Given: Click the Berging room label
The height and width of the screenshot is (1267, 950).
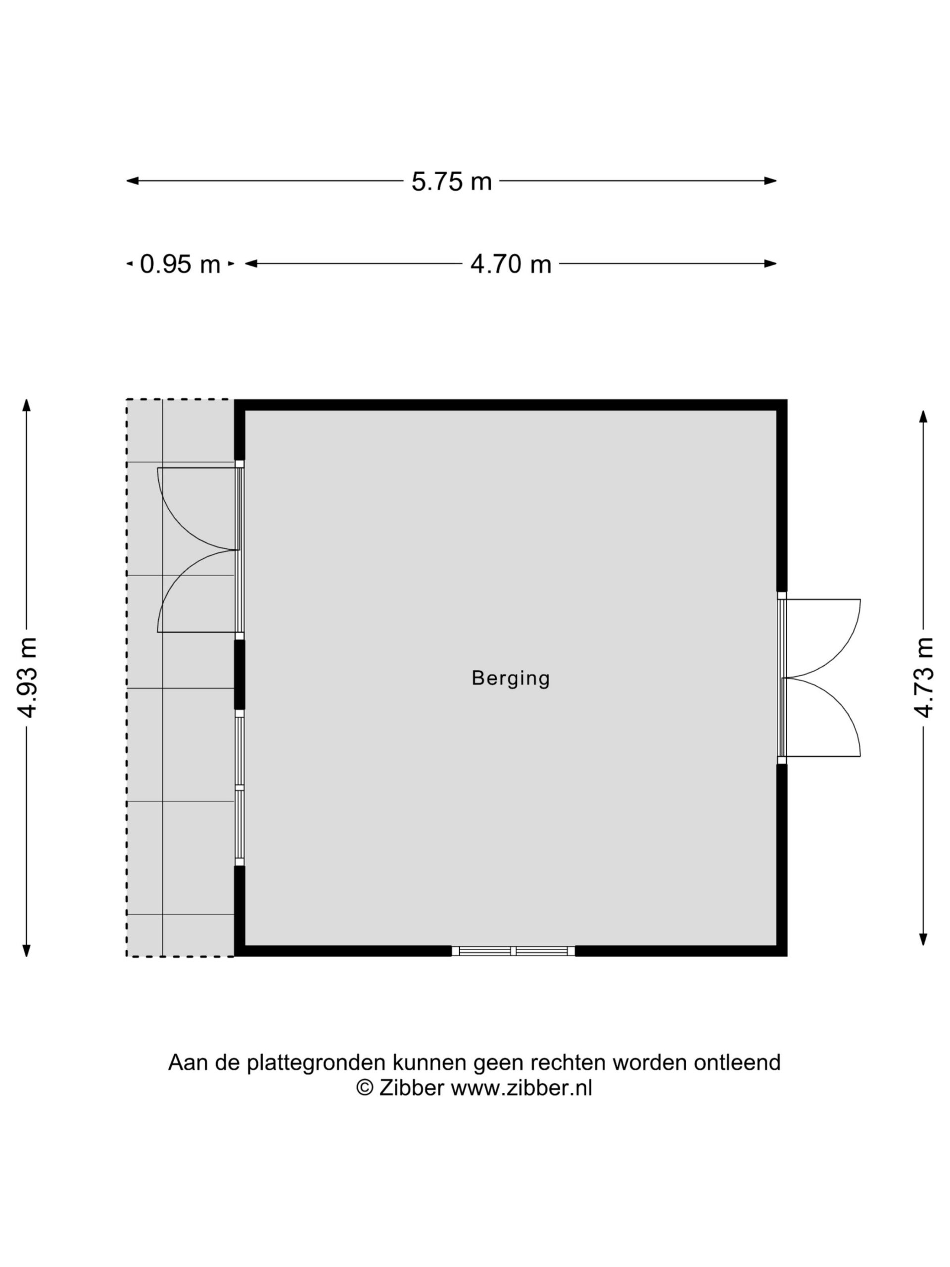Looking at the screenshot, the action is click(x=510, y=678).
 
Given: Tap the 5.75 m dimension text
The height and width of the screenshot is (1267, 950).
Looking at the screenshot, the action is click(x=451, y=182).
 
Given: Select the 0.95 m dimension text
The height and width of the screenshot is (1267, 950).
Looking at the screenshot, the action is click(x=180, y=264).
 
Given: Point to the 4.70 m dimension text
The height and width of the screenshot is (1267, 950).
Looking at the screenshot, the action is click(x=511, y=264).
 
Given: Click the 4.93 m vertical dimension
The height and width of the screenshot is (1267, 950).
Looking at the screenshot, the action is click(x=27, y=678).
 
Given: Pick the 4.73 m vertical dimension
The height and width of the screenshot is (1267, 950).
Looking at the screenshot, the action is click(x=923, y=678).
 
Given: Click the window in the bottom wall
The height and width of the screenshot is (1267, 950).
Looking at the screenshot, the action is click(x=513, y=951).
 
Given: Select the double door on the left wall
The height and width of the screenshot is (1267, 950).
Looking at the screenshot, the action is click(x=200, y=550).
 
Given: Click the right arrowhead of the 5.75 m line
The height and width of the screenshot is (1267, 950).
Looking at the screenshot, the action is click(x=771, y=181).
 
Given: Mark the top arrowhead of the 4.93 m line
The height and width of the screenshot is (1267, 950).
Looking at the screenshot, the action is click(x=26, y=405).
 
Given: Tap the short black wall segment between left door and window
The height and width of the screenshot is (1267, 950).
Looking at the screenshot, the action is click(x=239, y=675).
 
